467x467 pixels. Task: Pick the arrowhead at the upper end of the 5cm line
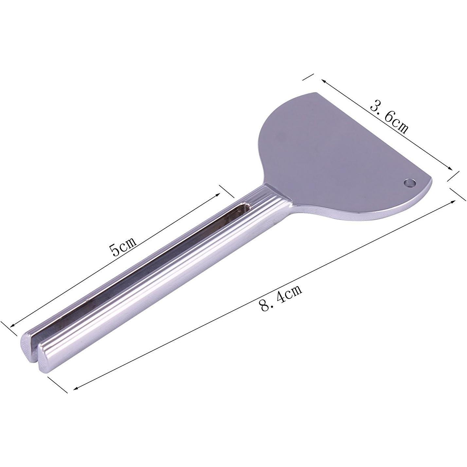[x=217, y=195]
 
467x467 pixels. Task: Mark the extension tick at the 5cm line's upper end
[x=227, y=191]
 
